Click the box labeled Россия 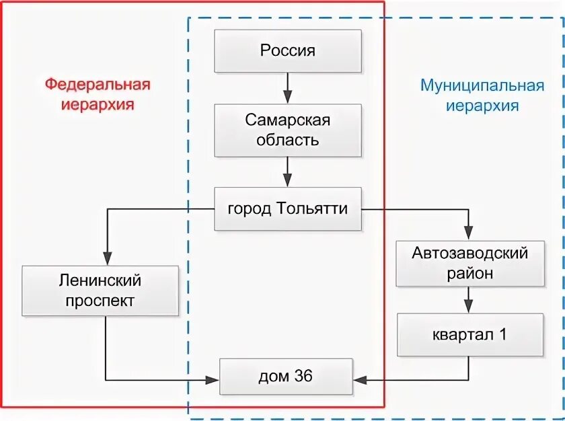tap(287, 51)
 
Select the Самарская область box tap(287, 130)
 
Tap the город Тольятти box tap(287, 209)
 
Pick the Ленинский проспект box tap(100, 291)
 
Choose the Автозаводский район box tap(469, 264)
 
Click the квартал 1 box tap(469, 334)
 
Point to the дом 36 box tap(285, 377)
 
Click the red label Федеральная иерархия tap(98, 95)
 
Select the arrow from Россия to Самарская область tap(287, 87)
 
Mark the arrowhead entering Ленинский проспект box tap(106, 260)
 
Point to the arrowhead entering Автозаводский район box tap(469, 233)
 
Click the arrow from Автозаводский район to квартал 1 tap(469, 300)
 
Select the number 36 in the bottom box tap(303, 377)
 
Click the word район tap(469, 274)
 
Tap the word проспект tap(100, 301)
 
